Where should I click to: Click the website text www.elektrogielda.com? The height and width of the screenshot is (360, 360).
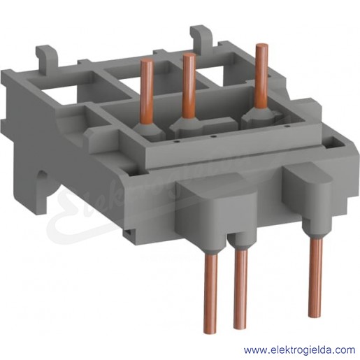click(x=299, y=350)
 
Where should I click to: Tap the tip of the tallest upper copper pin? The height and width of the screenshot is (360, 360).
click(x=261, y=45)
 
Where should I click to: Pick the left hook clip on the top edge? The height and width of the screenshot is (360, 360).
click(x=46, y=55)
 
